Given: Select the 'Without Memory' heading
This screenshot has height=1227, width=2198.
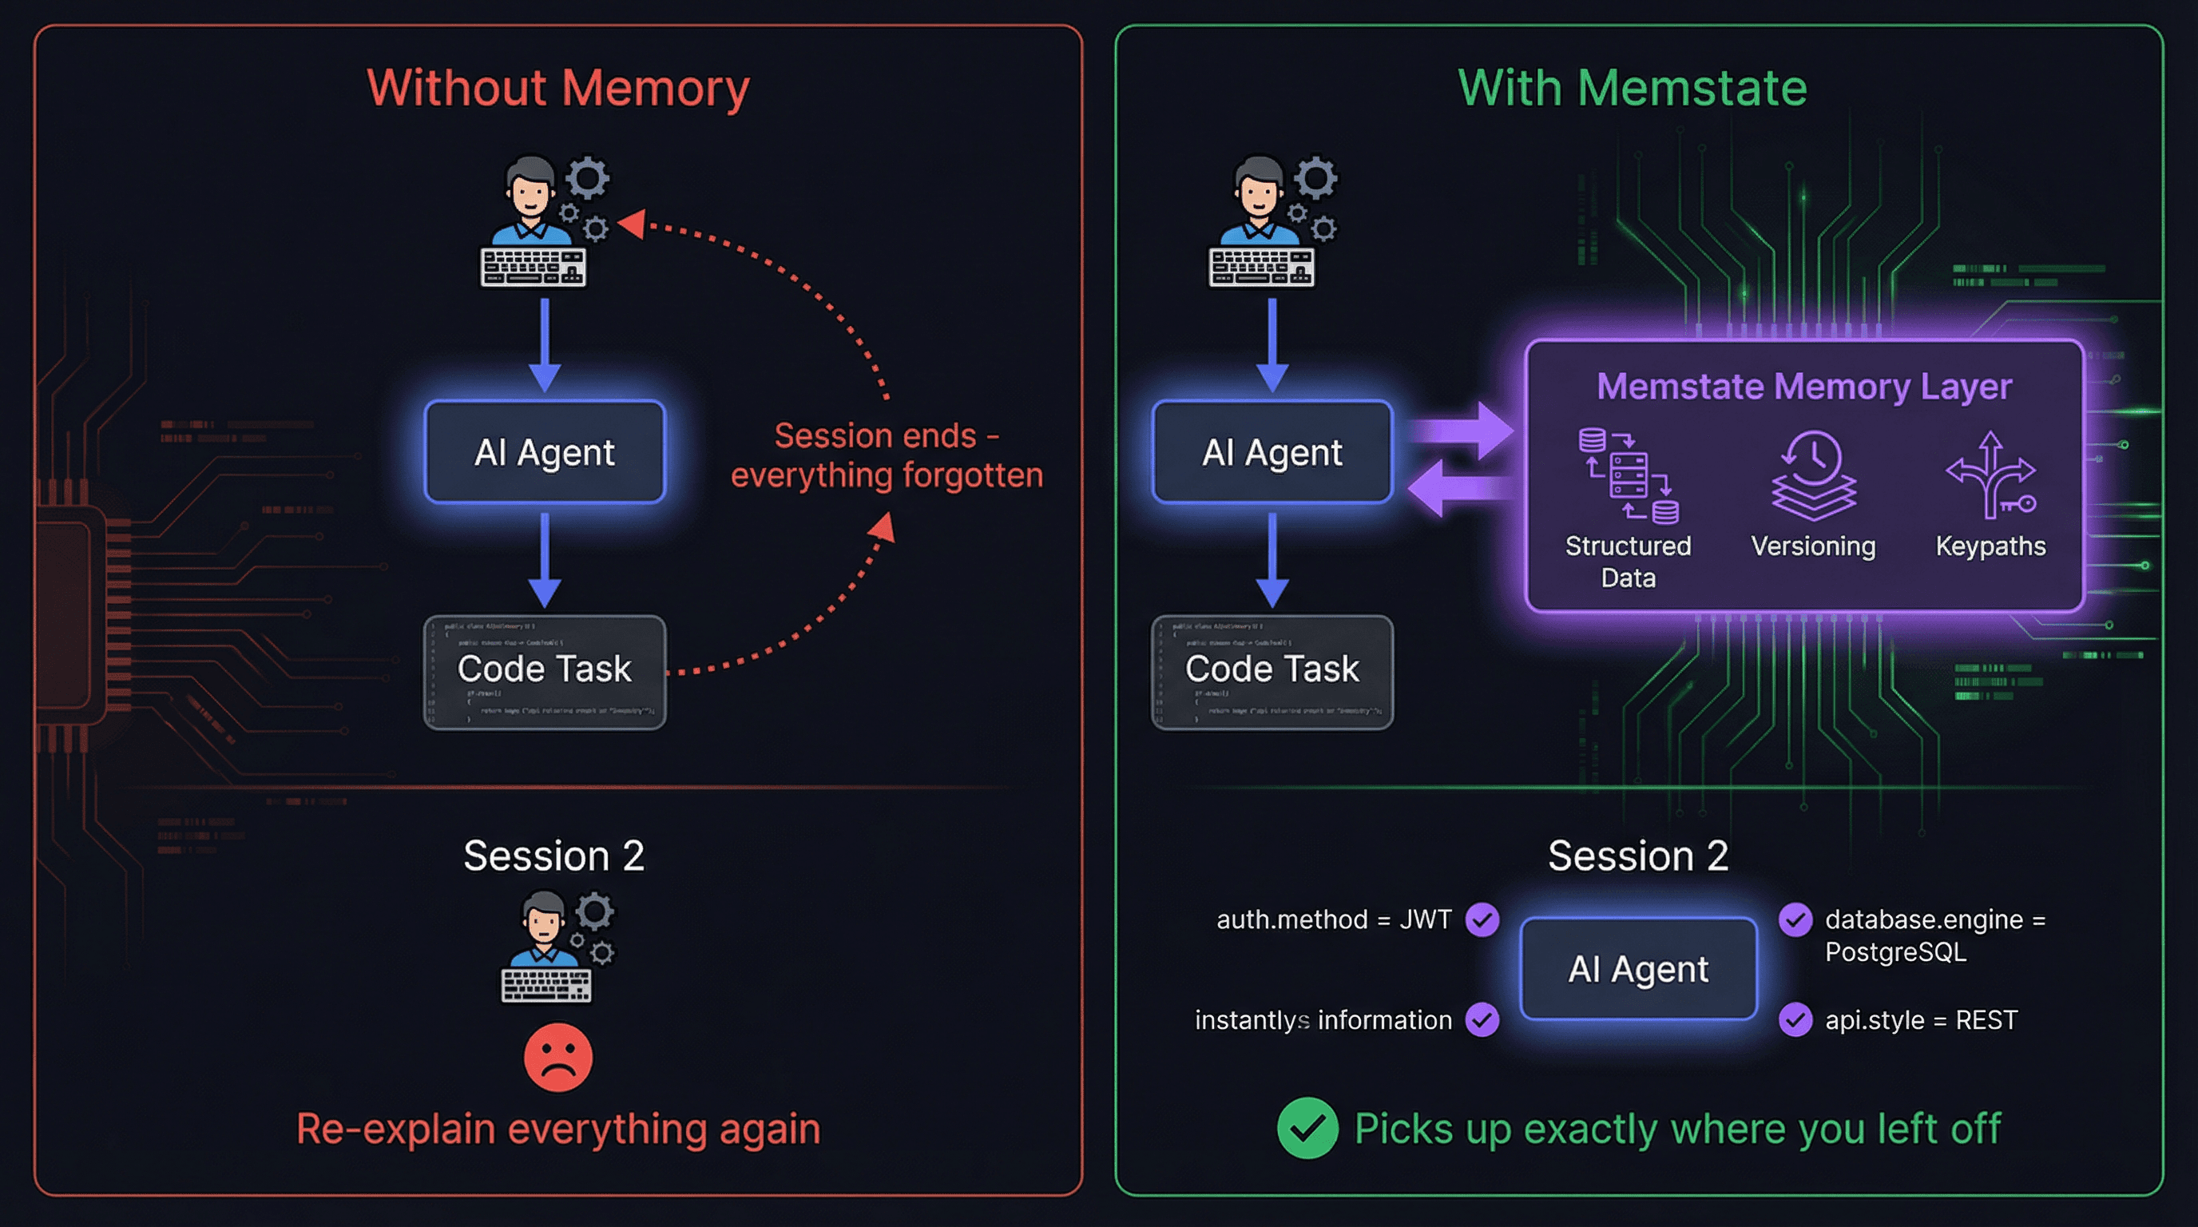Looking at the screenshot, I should coord(558,88).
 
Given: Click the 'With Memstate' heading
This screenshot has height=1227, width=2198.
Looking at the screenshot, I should coord(1632,88).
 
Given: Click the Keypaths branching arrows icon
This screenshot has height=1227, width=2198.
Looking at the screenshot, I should coord(1990,475).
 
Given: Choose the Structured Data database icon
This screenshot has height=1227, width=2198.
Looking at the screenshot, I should coord(1628,475).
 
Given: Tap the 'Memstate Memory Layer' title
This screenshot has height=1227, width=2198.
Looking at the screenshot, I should coord(1803,387).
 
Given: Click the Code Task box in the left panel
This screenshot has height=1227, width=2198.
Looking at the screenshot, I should coord(545,672).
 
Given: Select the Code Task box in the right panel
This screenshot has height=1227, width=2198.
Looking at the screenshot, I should coord(1272,672).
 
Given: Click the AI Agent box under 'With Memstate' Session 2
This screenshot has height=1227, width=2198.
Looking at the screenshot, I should coord(1638,968).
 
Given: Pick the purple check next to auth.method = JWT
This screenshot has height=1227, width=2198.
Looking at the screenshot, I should coord(1482,919).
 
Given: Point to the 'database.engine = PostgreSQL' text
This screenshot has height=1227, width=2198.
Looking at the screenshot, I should coord(1934,935).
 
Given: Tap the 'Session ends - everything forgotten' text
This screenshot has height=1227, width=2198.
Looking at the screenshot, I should coord(887,455).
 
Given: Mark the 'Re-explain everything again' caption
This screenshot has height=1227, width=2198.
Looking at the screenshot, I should coord(558,1129).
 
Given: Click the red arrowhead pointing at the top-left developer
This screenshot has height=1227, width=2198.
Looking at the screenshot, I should coord(632,224).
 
